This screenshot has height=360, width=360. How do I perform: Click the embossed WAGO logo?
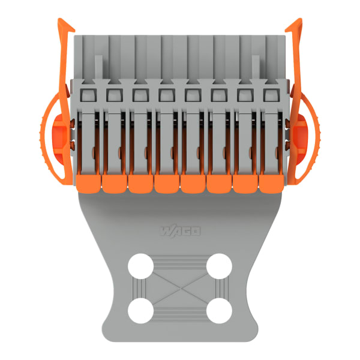pyautogui.click(x=180, y=231)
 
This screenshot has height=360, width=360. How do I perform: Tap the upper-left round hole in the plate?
pyautogui.click(x=140, y=266)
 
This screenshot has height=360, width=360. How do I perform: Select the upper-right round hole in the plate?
pyautogui.click(x=219, y=266)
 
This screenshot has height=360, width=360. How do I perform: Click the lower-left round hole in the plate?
pyautogui.click(x=140, y=311)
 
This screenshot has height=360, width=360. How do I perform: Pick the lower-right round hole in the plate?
pyautogui.click(x=219, y=311)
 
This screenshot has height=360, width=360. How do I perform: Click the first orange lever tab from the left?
pyautogui.click(x=88, y=184)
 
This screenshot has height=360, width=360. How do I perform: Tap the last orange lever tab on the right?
pyautogui.click(x=271, y=184)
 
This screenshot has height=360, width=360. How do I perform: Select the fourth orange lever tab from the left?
pyautogui.click(x=167, y=184)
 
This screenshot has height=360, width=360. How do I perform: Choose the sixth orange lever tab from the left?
pyautogui.click(x=219, y=184)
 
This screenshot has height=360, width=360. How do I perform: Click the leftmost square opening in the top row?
pyautogui.click(x=88, y=95)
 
